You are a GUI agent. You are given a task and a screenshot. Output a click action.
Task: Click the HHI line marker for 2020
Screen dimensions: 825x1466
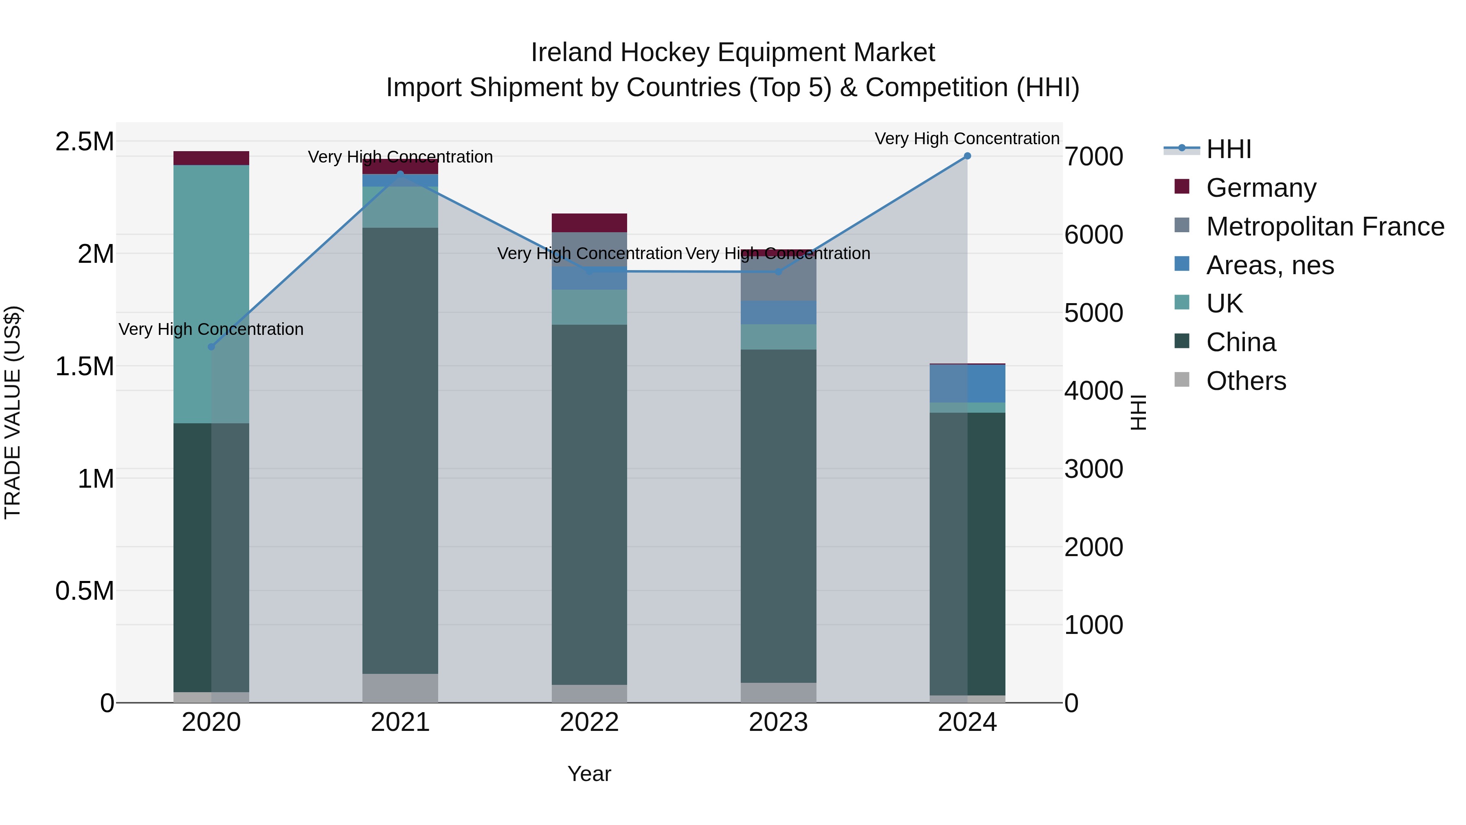211,347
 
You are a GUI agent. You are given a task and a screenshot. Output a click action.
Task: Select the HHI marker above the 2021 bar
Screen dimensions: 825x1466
400,174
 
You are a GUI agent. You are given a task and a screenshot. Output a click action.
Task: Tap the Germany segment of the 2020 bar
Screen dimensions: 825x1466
211,158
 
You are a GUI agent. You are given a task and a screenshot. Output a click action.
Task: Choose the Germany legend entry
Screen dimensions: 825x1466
1260,188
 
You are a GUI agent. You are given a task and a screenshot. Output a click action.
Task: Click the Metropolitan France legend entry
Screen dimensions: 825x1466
1324,227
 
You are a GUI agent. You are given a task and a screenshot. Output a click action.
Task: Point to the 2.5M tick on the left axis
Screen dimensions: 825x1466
84,141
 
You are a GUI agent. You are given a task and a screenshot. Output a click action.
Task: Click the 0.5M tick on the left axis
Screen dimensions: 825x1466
84,590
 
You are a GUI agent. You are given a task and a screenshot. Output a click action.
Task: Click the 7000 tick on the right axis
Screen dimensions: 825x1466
1093,156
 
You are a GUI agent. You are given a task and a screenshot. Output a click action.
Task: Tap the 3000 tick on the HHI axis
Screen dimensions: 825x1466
1093,469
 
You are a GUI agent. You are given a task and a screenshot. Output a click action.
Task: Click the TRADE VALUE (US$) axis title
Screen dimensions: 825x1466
13,412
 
